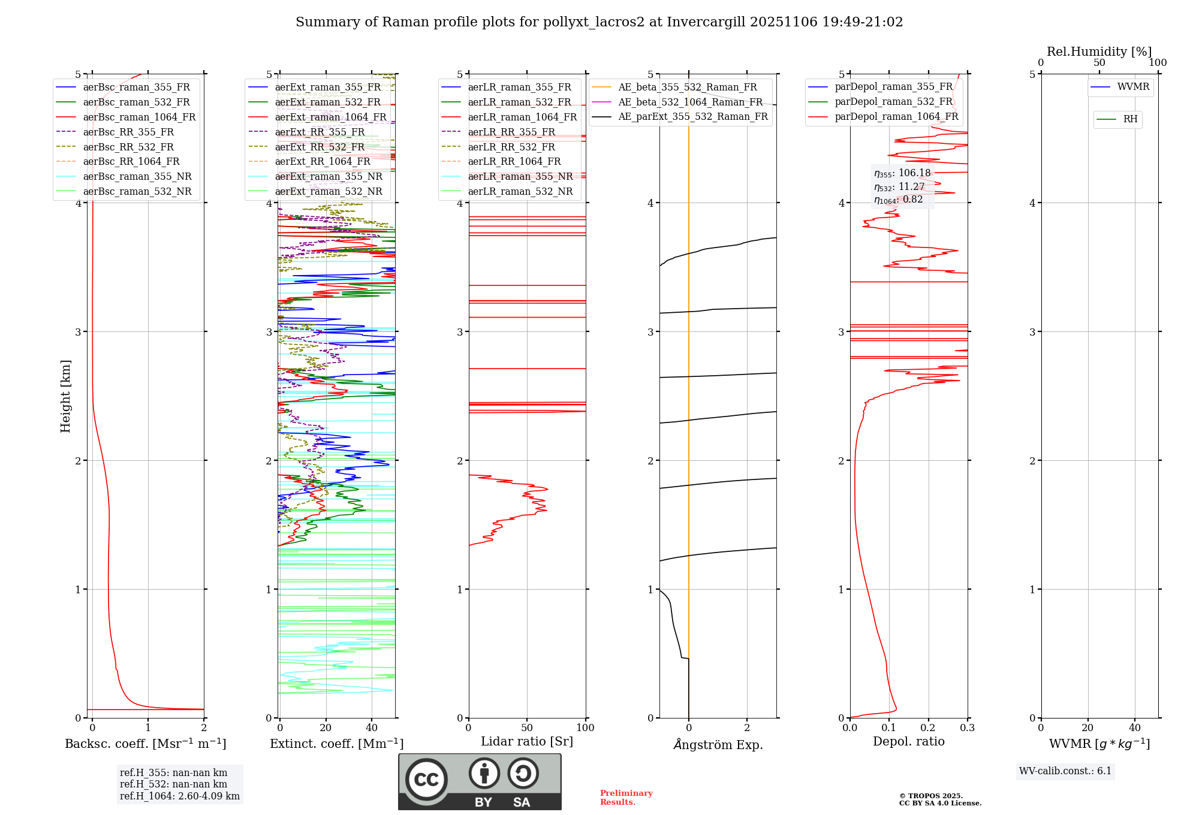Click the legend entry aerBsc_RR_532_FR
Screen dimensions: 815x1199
128,147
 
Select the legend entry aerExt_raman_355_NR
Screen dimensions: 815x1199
329,176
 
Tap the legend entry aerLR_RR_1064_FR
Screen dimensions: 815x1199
514,161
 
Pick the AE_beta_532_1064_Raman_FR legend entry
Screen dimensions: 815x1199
690,102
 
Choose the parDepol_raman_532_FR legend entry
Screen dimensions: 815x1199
893,101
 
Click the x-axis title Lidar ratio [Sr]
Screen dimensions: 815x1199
527,741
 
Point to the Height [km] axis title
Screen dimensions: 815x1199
65,396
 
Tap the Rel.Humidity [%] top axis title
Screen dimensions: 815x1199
1099,52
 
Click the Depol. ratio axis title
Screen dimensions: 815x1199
908,741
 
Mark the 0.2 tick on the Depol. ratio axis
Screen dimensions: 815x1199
928,728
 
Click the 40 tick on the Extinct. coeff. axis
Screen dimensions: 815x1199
372,728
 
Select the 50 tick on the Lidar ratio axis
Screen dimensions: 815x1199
527,728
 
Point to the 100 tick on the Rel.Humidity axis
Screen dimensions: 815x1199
1158,62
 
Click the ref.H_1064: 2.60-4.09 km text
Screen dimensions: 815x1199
179,796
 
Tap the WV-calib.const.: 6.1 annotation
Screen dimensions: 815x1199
1065,771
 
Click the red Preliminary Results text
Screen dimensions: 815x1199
626,797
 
